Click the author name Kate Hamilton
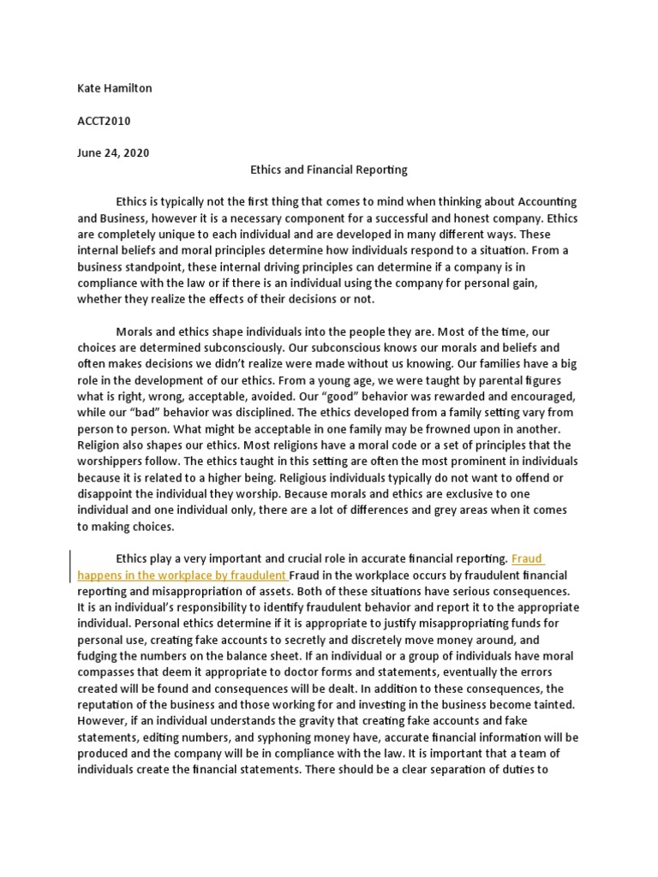(x=114, y=88)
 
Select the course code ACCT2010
(x=104, y=121)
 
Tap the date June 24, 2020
(x=113, y=153)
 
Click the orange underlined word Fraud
(x=527, y=559)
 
